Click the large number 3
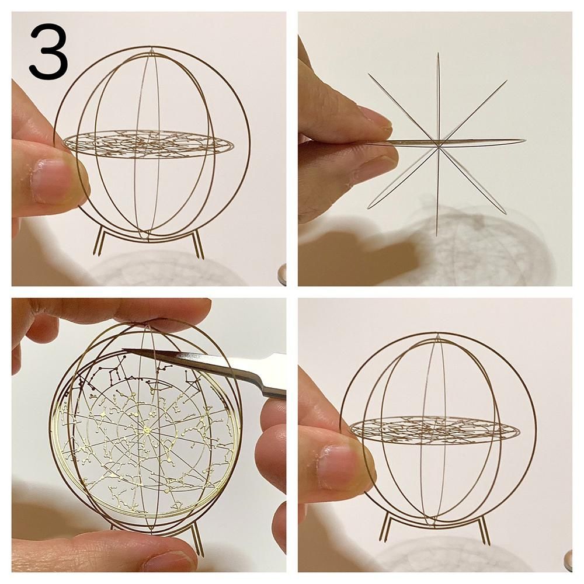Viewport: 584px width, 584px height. tap(48, 51)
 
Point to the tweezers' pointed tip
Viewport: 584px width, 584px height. tap(123, 349)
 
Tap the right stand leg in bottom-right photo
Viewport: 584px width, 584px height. tap(483, 529)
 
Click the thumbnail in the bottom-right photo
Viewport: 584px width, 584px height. tap(335, 465)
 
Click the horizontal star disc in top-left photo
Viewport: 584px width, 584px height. tap(148, 142)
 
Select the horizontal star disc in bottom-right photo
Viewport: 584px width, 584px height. tap(434, 428)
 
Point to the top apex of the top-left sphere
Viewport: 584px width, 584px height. tap(151, 48)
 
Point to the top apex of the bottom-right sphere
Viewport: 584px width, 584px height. tap(437, 335)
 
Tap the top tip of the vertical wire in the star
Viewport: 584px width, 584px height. tap(439, 53)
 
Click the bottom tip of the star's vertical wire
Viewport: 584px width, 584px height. tap(436, 235)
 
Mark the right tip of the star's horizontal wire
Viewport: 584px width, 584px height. tap(525, 141)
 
